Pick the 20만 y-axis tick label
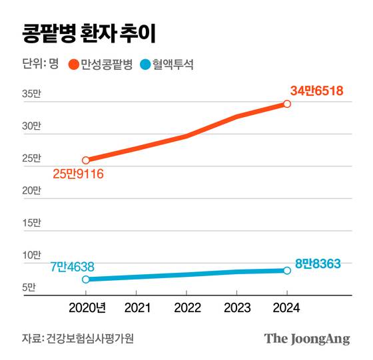pos(31,191)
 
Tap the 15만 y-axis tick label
pos(31,223)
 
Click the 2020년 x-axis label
pos(87,308)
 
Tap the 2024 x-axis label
pos(286,308)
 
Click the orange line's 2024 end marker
pos(286,104)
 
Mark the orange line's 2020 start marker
pos(85,160)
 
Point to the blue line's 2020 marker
pos(85,279)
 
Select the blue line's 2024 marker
pos(286,270)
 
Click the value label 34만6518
pos(316,90)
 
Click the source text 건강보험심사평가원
pos(91,339)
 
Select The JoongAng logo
pos(306,338)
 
